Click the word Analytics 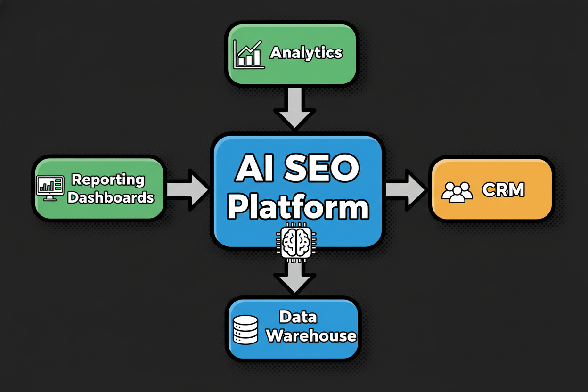[x=306, y=53]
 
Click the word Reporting [x=108, y=180]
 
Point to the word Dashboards [x=111, y=197]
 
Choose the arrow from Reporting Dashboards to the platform [x=187, y=190]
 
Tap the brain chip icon [x=295, y=241]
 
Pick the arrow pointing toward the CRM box [x=405, y=190]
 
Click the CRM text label [x=503, y=190]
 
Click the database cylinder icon [x=245, y=329]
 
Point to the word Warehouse [x=311, y=336]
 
